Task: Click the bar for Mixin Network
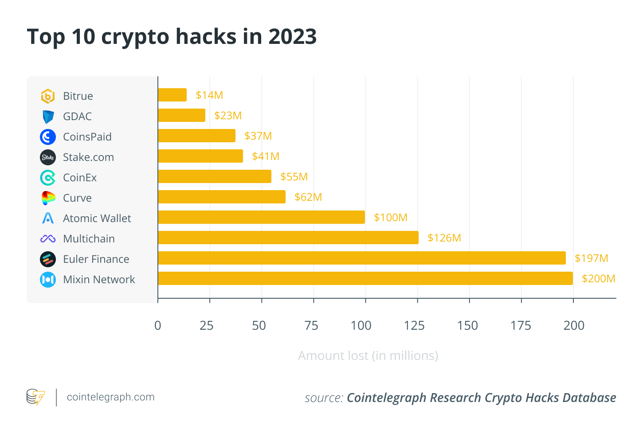(x=365, y=278)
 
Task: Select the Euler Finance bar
(x=361, y=258)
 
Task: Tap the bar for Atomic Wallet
(x=261, y=217)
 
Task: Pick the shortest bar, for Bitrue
(x=172, y=95)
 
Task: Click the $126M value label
(x=444, y=238)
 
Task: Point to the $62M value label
(x=308, y=197)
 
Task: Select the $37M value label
(x=258, y=136)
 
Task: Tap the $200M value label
(x=598, y=279)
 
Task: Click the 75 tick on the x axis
(x=311, y=326)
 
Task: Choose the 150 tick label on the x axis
(x=467, y=326)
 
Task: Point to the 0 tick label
(x=158, y=326)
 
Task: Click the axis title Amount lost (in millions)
(x=368, y=355)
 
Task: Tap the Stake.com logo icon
(x=48, y=157)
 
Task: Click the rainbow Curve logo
(x=48, y=198)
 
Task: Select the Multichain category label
(x=89, y=239)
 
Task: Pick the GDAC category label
(x=77, y=117)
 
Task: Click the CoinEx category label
(x=80, y=178)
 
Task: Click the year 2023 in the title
(x=293, y=36)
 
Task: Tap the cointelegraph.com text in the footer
(x=110, y=397)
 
